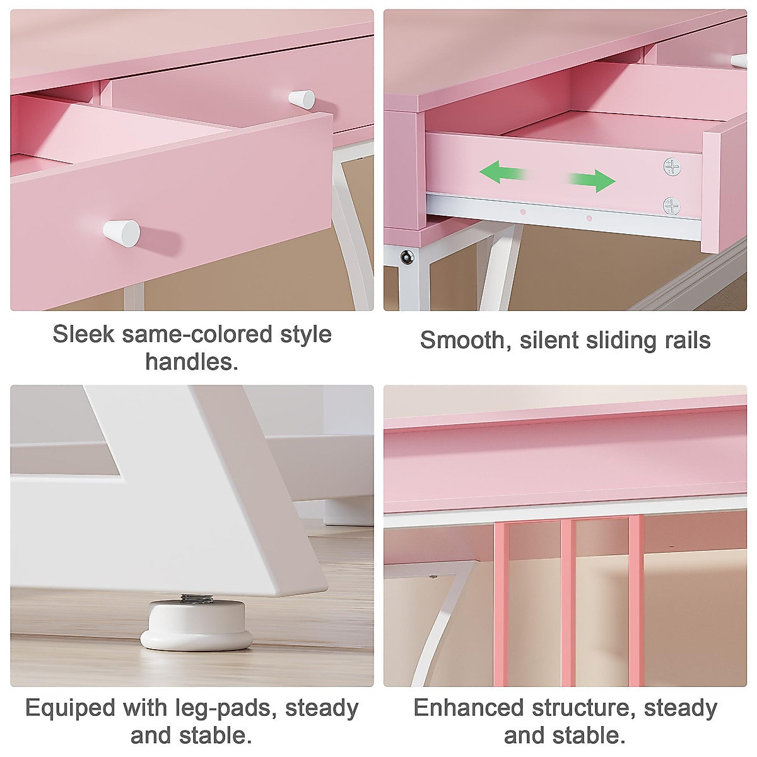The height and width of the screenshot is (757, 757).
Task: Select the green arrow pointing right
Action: (x=592, y=180)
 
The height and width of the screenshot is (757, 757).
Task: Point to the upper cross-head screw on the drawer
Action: (x=672, y=167)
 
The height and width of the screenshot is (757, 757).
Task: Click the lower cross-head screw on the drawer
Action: (x=672, y=206)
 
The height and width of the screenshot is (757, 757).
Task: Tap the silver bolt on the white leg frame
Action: (x=408, y=257)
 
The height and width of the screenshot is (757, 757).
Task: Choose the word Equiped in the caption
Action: (x=70, y=708)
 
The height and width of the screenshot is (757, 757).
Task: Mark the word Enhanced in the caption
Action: (x=468, y=708)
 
